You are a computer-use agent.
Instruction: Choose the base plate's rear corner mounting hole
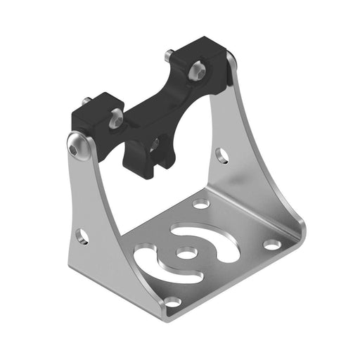(201, 204)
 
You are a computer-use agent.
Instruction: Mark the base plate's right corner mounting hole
(271, 245)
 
